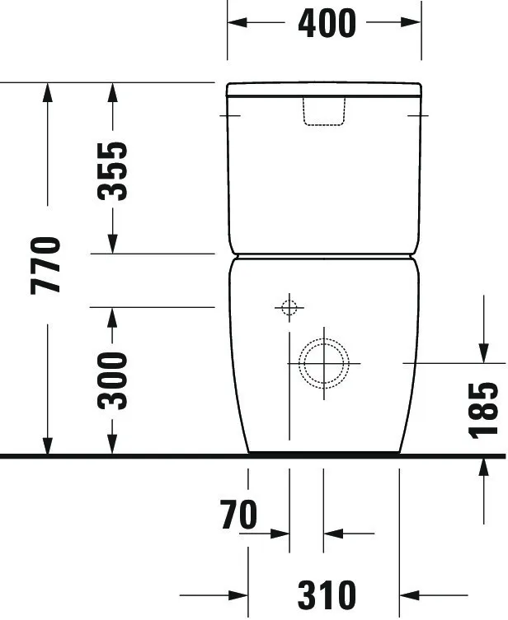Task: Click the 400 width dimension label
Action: [x=327, y=23]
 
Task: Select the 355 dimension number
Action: [x=113, y=170]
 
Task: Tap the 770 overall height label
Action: [x=47, y=264]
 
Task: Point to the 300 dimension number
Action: [x=113, y=380]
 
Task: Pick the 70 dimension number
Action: [x=239, y=515]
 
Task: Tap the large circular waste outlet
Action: [x=323, y=362]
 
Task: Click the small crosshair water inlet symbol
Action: [x=289, y=308]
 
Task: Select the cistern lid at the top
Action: [x=324, y=88]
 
